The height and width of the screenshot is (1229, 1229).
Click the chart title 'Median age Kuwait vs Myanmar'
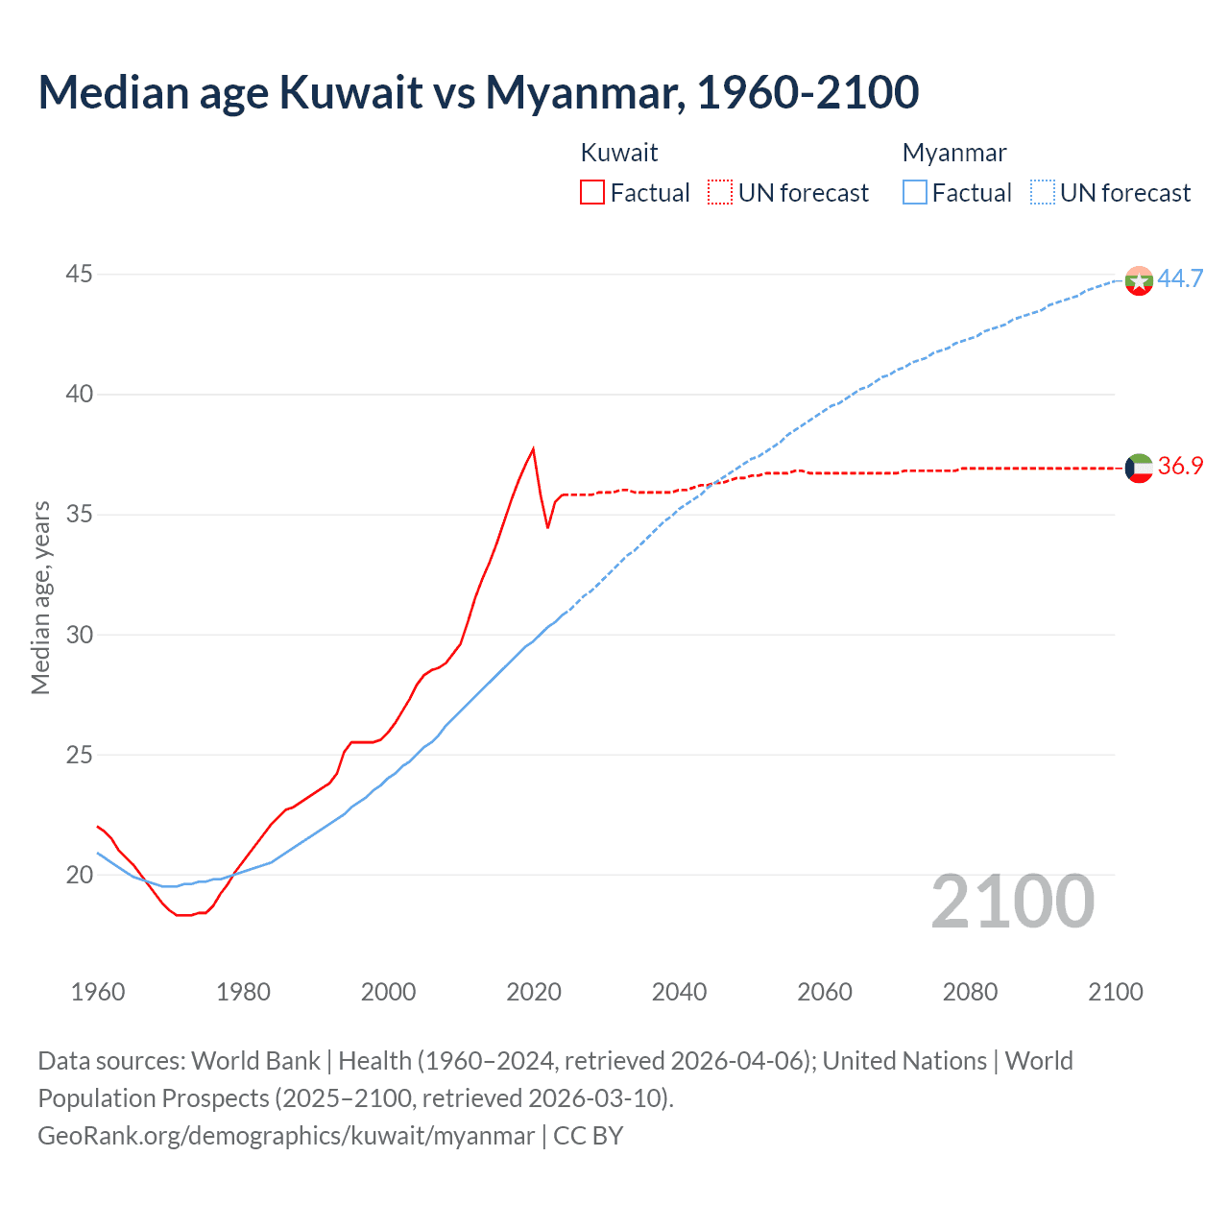tap(478, 92)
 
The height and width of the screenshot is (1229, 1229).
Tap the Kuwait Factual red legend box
tap(592, 192)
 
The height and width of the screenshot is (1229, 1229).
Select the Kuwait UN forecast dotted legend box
tap(720, 192)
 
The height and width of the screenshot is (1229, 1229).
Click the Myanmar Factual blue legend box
tap(915, 192)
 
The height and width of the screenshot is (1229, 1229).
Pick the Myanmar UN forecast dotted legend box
tap(1043, 192)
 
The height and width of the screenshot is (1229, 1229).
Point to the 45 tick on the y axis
tap(79, 275)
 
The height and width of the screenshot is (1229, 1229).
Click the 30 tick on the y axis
tap(79, 635)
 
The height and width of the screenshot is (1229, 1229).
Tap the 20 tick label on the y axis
tap(79, 875)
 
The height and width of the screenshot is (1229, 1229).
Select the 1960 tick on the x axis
tap(98, 992)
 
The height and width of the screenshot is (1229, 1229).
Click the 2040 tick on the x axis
tap(679, 992)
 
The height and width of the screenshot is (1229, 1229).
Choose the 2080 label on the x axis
tap(970, 992)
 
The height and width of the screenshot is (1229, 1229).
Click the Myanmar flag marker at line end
tap(1139, 280)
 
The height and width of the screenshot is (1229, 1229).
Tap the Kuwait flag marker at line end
tap(1139, 468)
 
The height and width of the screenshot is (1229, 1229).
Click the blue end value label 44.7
tap(1180, 278)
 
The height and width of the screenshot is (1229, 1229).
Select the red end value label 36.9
tap(1180, 467)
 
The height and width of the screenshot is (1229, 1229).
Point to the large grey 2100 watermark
tap(1012, 902)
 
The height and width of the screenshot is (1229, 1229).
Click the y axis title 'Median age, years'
tap(40, 597)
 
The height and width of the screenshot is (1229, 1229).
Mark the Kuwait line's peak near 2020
tap(533, 448)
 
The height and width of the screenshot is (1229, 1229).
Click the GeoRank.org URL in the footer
tap(286, 1136)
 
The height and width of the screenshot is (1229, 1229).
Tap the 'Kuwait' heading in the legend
tap(619, 153)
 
